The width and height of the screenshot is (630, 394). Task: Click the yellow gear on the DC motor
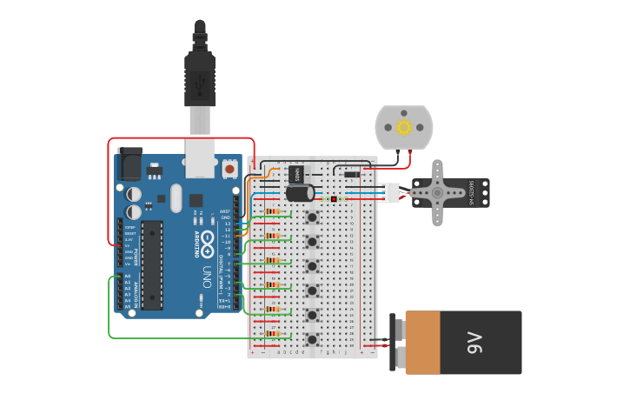[x=403, y=127]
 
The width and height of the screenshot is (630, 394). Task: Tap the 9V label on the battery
[x=474, y=343]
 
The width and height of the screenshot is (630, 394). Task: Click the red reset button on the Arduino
[x=230, y=168]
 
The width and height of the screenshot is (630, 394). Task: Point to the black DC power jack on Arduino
[x=129, y=163]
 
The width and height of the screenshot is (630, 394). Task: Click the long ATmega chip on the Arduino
[x=152, y=264]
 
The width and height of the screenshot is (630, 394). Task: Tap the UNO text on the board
[x=207, y=277]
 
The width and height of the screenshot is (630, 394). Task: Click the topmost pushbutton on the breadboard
[x=311, y=216]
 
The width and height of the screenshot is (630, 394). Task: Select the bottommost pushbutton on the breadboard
[x=311, y=338]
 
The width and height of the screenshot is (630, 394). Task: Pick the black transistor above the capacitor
[x=297, y=173]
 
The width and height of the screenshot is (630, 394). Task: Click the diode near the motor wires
[x=351, y=175]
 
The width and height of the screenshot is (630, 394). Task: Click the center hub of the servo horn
[x=438, y=192]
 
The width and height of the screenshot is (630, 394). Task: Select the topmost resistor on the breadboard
[x=276, y=211]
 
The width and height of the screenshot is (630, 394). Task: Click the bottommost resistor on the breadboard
[x=276, y=333]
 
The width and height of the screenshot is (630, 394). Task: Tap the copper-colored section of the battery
[x=423, y=343]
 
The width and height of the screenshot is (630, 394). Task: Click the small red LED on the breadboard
[x=334, y=199]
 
